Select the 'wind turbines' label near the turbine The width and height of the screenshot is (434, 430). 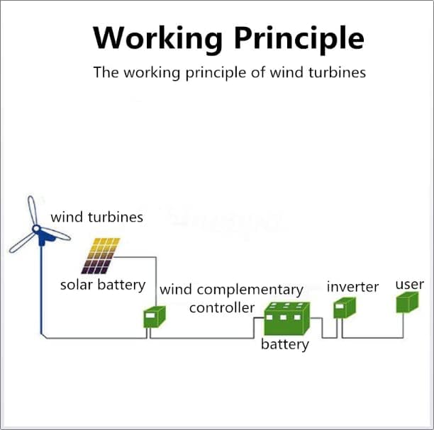tap(96, 217)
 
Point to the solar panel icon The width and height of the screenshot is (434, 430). tap(100, 256)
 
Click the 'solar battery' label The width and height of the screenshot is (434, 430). tap(102, 285)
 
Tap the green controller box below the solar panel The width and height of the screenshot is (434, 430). tap(155, 316)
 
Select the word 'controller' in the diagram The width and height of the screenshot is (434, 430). tap(221, 307)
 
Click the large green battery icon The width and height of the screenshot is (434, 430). tap(287, 319)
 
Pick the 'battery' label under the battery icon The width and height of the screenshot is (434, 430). tap(285, 345)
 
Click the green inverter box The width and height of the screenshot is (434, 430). tap(343, 308)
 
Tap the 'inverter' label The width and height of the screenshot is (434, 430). tap(352, 287)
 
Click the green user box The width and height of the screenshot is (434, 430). tap(408, 302)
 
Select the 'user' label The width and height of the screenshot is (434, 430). tap(409, 284)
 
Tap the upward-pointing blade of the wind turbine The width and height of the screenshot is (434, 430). tap(32, 210)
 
